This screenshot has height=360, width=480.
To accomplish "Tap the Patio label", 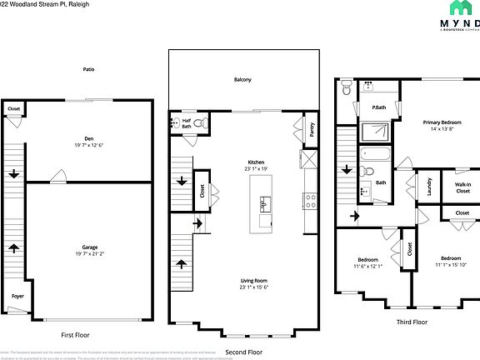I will [x=87, y=69].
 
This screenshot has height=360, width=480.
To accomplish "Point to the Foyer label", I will [x=17, y=296].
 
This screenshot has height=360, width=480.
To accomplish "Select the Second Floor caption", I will [x=243, y=351].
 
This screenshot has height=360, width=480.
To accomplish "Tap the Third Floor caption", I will [x=411, y=321].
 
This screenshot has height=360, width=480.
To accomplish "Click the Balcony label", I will [x=242, y=80].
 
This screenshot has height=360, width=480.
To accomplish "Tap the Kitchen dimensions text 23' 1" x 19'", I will [x=256, y=169].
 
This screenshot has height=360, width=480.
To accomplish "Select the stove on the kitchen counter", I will [x=311, y=200].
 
